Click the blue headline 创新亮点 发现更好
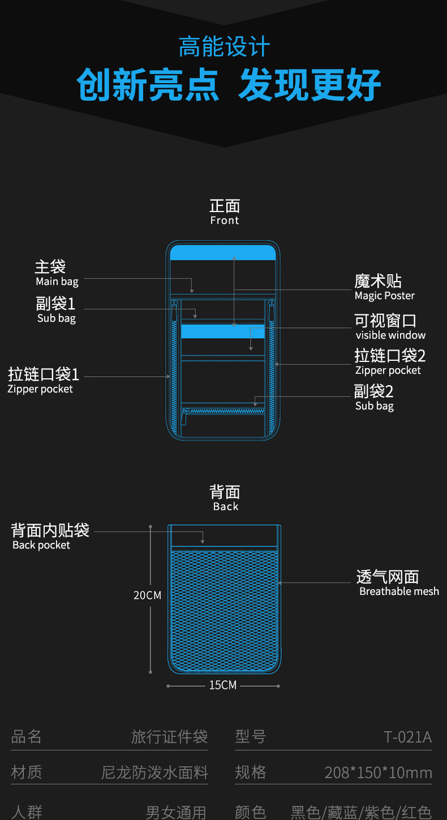(x=229, y=85)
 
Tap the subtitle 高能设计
(x=224, y=47)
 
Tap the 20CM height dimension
(x=147, y=595)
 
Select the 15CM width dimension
(x=223, y=685)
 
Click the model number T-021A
(x=407, y=737)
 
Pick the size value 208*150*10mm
(x=378, y=772)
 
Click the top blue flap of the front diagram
(x=223, y=252)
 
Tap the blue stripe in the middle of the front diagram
(x=223, y=331)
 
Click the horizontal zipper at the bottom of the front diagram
(x=223, y=411)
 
